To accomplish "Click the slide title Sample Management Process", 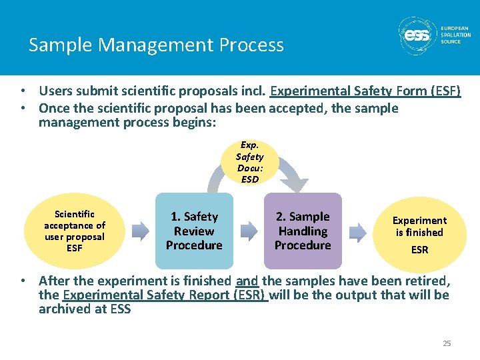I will [156, 45].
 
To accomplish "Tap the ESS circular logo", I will [417, 35].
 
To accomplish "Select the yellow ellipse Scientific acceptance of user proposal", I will [75, 231].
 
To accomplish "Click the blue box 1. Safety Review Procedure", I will [194, 231].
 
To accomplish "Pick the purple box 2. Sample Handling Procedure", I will [303, 231].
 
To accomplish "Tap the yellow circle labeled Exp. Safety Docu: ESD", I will [249, 162].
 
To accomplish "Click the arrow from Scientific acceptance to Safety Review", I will [140, 231].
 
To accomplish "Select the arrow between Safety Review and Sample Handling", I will [249, 231].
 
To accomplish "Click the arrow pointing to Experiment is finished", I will [358, 231].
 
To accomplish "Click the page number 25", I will [447, 343].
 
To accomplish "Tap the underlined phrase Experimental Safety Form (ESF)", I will [365, 91].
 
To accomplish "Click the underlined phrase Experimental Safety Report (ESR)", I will [165, 295].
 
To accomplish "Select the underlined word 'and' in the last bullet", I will [247, 281].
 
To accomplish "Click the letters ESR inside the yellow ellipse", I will [419, 250].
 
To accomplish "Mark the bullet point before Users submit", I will [23, 91].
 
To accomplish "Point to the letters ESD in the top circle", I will [249, 179].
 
